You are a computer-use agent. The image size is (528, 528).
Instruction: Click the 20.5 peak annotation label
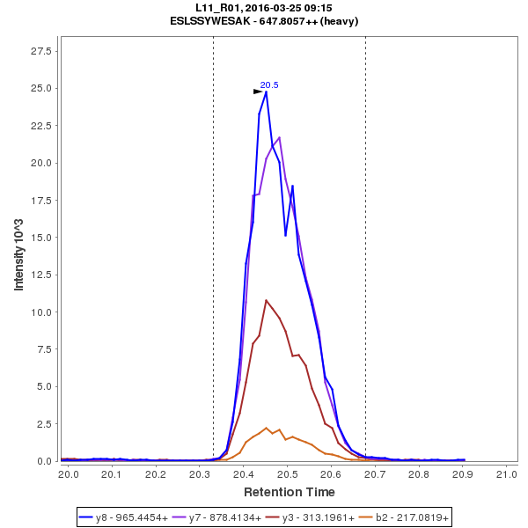[x=269, y=84]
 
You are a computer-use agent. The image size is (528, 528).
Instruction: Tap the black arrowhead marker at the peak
[x=258, y=91]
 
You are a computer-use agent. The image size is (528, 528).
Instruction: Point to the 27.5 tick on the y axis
[x=42, y=51]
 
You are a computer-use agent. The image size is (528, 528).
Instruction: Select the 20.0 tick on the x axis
[x=69, y=475]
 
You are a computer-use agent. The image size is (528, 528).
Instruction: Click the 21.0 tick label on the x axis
[x=506, y=475]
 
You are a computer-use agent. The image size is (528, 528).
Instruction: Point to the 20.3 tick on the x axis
[x=200, y=475]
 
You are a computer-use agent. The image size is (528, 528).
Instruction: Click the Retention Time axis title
[x=289, y=491]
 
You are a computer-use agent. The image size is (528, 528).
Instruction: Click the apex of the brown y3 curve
[x=266, y=300]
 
